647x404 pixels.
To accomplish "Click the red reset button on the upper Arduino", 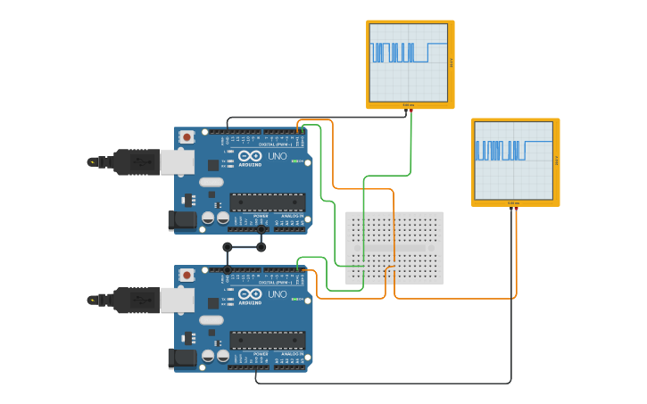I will tap(187, 137).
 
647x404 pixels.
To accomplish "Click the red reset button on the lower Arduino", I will tap(187, 276).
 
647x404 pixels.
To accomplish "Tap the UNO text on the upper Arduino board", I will tap(278, 154).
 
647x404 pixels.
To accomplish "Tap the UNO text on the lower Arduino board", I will tap(278, 293).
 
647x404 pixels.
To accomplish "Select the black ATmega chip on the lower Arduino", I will tap(267, 340).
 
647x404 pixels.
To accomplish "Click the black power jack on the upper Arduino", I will tap(183, 220).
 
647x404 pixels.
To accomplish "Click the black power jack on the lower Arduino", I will tap(183, 359).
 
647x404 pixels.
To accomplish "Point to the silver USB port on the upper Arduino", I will tap(177, 162).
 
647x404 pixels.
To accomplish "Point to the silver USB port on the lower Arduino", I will tap(177, 301).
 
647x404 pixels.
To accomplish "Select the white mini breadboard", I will tap(394, 247).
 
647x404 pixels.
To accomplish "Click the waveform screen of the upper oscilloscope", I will tap(409, 62).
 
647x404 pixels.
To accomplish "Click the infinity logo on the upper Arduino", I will tap(250, 155).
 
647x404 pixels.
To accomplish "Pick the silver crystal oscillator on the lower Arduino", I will tap(212, 320).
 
